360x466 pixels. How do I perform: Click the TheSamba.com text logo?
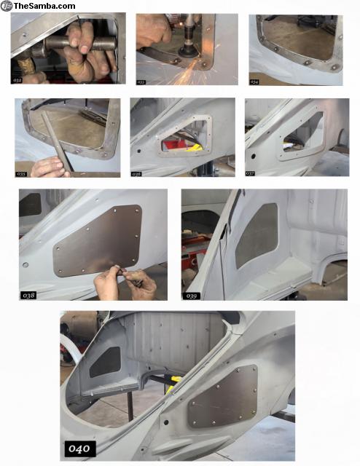point(39,6)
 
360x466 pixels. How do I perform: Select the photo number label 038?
point(29,295)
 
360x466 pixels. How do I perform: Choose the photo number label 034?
point(255,82)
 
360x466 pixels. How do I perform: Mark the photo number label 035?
point(22,173)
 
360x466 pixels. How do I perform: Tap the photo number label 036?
point(137,173)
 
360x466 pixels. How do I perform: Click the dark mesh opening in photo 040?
point(105,362)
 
